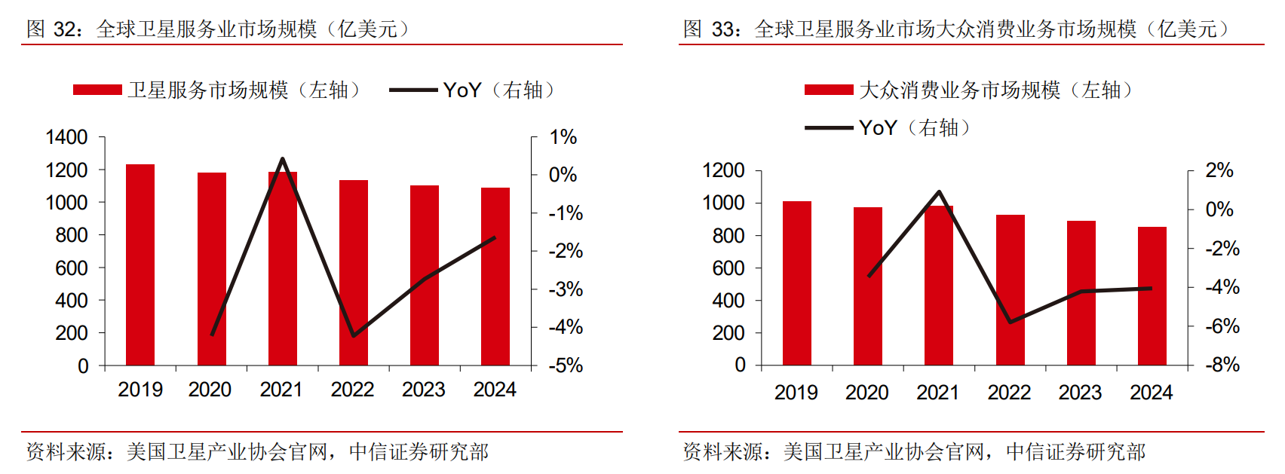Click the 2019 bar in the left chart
(x=140, y=265)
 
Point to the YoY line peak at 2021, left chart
(x=282, y=159)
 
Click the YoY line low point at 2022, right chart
(x=1011, y=322)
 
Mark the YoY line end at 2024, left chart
(x=495, y=237)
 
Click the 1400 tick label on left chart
(x=66, y=137)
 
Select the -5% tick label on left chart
(x=565, y=366)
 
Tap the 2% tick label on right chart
(x=1219, y=170)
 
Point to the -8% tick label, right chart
(x=1222, y=365)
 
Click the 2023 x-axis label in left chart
(x=423, y=390)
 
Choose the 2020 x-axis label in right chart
(x=866, y=393)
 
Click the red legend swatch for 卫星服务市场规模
(x=97, y=90)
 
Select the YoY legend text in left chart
(x=462, y=90)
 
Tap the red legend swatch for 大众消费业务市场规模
(x=829, y=90)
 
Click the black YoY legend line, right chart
(x=829, y=128)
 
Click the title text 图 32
(x=53, y=29)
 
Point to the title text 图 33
(x=710, y=29)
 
